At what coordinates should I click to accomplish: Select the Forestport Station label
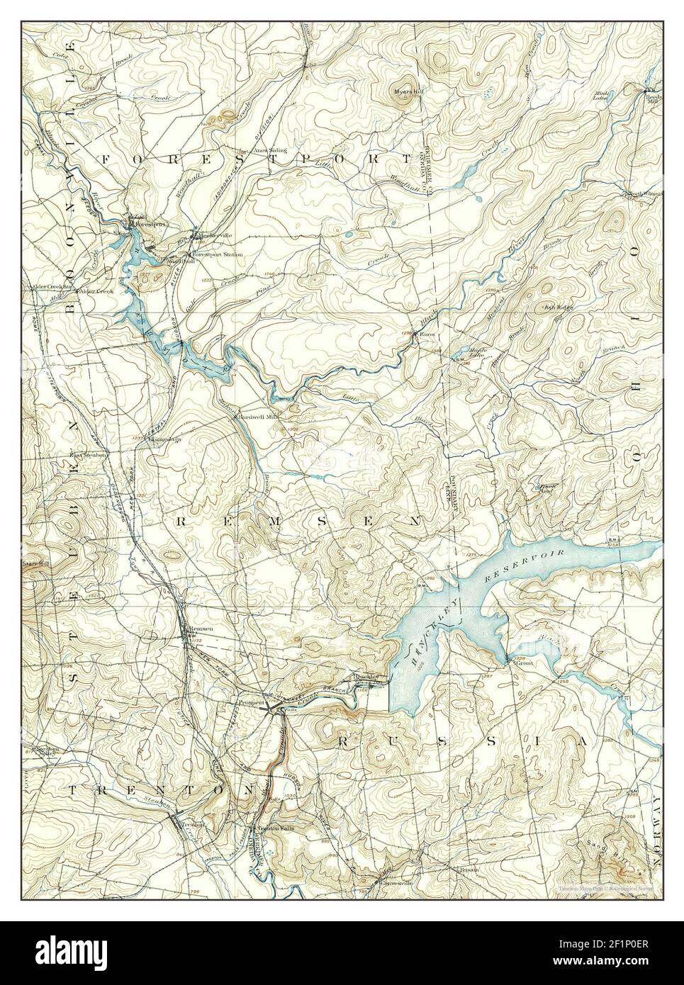tap(216, 254)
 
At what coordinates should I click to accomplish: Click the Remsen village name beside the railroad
tap(198, 629)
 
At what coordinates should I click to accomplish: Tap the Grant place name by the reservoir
tap(523, 663)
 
